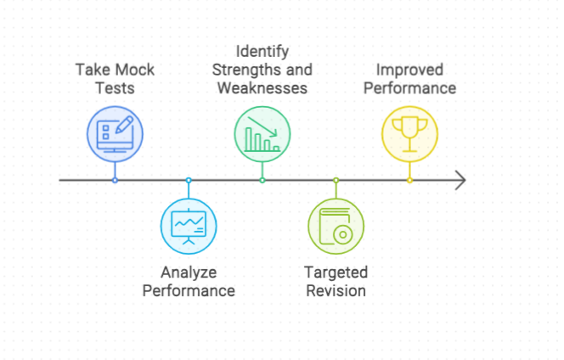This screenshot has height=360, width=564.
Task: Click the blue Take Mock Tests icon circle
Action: point(115,134)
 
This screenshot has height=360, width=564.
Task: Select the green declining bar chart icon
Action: point(262,134)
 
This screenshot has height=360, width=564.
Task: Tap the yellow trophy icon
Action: point(409,134)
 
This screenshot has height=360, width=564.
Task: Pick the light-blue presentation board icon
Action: point(189,226)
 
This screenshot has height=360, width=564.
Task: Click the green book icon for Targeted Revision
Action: point(336,226)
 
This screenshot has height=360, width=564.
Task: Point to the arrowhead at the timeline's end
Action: point(465,180)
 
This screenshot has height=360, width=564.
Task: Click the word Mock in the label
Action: point(135,70)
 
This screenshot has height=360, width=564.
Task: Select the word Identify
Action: point(262,51)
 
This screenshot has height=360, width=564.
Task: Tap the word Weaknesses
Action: point(262,88)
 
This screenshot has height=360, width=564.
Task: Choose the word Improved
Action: point(409,70)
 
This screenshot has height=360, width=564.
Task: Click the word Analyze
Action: point(189,273)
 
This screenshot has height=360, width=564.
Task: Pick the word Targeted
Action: point(336,273)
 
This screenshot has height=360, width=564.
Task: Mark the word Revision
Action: point(336,290)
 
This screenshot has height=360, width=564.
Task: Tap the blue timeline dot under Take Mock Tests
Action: point(115,180)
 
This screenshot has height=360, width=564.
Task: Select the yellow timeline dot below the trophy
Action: point(409,180)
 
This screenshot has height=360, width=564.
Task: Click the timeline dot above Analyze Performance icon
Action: point(189,180)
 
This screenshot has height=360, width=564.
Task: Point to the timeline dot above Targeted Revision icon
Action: point(336,180)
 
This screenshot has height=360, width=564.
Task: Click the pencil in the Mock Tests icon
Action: point(125,125)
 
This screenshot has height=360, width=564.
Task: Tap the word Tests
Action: point(115,88)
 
